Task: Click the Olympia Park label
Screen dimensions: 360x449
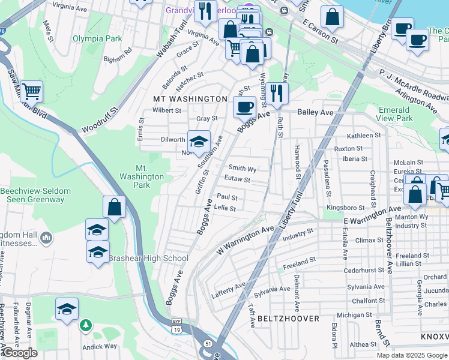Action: click(97, 38)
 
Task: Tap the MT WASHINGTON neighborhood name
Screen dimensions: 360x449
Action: click(190, 98)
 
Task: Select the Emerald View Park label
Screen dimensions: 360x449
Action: click(396, 114)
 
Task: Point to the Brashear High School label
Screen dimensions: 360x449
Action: click(148, 258)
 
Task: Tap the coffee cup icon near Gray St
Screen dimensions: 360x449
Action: click(244, 107)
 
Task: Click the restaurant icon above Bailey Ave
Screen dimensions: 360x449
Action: click(277, 93)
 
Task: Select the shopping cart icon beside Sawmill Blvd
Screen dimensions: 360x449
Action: click(32, 91)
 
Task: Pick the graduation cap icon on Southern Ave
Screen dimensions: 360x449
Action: click(199, 142)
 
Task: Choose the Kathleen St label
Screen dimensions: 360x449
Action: click(360, 136)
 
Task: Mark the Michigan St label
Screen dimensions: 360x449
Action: click(351, 314)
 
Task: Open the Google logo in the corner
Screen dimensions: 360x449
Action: click(20, 352)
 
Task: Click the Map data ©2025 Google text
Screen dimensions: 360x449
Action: click(412, 355)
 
